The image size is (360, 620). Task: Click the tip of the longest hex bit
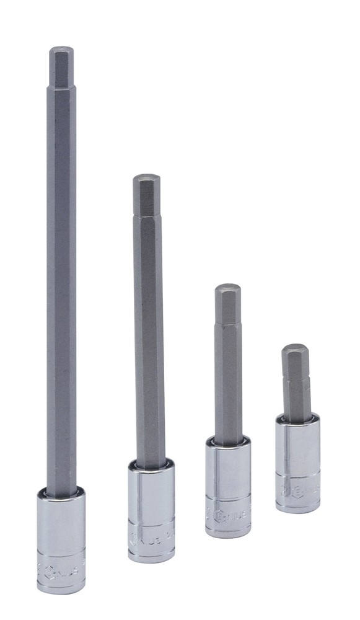click(x=61, y=49)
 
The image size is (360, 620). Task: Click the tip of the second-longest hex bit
click(x=146, y=177)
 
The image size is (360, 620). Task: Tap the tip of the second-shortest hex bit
click(x=228, y=287)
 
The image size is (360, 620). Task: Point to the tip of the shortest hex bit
click(x=295, y=347)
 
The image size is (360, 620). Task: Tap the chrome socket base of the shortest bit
click(x=298, y=462)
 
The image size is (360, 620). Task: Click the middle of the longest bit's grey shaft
click(x=61, y=273)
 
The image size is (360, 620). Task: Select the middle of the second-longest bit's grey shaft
click(x=149, y=322)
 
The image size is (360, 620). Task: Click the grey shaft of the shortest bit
click(x=296, y=384)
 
